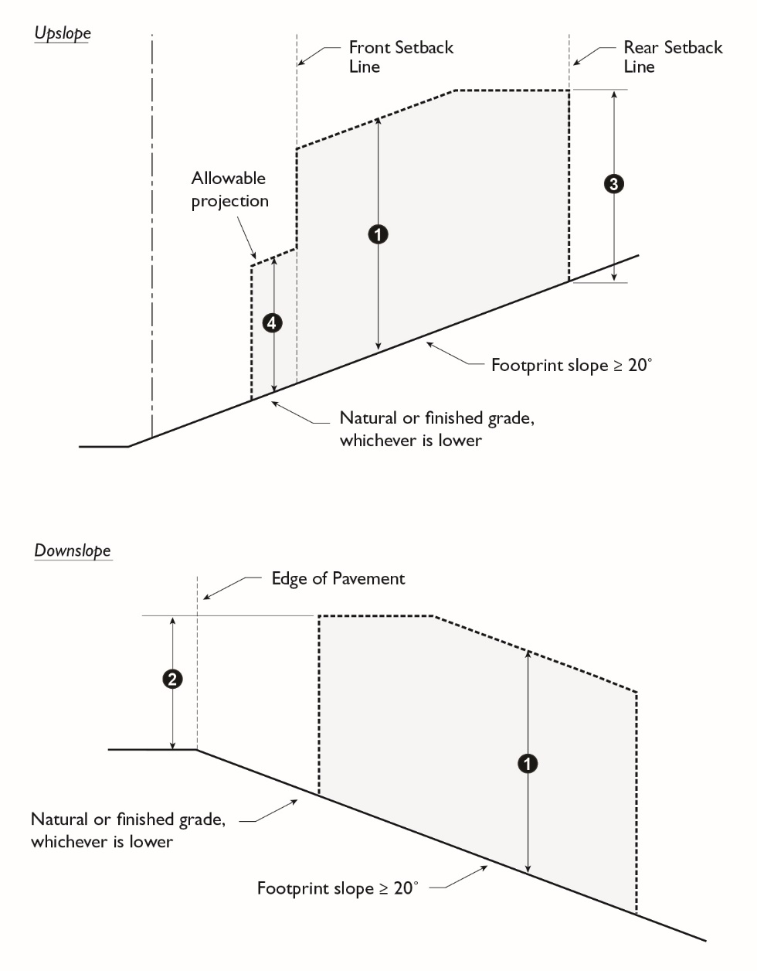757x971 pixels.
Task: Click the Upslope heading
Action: [x=63, y=33]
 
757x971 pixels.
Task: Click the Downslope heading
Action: [x=73, y=550]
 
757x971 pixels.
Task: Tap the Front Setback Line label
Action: [x=400, y=56]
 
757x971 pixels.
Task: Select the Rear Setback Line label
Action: [x=673, y=56]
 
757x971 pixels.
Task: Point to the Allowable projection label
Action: [x=229, y=189]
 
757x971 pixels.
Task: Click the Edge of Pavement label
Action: [x=338, y=578]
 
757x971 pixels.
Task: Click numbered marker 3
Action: [x=613, y=184]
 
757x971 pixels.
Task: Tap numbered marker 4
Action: [x=272, y=323]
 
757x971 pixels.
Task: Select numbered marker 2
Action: [x=172, y=679]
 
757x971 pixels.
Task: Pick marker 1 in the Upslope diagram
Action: [x=378, y=233]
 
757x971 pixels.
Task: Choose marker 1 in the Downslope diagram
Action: [x=527, y=764]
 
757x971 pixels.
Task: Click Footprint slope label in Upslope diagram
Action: [x=571, y=365]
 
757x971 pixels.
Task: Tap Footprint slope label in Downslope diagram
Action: [x=337, y=888]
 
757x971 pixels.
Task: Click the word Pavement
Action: [x=369, y=578]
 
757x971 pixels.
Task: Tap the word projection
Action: [x=229, y=201]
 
